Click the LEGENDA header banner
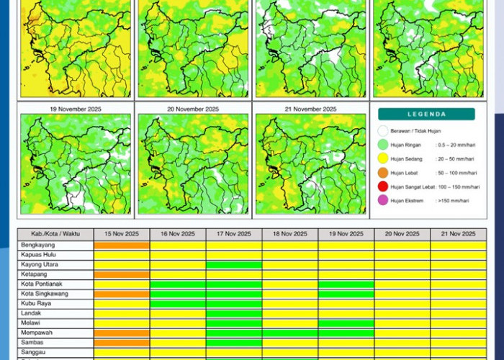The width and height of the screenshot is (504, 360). pyautogui.click(x=426, y=114)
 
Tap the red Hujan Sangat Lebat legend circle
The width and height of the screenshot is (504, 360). pyautogui.click(x=383, y=186)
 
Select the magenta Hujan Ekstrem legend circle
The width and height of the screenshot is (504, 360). pyautogui.click(x=383, y=200)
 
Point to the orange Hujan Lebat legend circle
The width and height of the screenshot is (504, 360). pyautogui.click(x=383, y=173)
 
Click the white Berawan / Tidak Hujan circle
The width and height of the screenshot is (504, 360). pyautogui.click(x=383, y=132)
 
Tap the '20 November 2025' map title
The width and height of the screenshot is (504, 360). pyautogui.click(x=193, y=109)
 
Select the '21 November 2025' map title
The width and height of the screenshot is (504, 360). pyautogui.click(x=310, y=109)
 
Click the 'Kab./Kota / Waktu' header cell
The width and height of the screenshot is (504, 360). pyautogui.click(x=55, y=234)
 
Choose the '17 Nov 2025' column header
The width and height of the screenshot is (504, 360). pyautogui.click(x=234, y=234)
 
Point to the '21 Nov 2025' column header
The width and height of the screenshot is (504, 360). pyautogui.click(x=458, y=234)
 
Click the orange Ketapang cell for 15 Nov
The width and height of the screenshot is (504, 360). pyautogui.click(x=122, y=274)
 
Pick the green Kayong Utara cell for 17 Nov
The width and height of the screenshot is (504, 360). pyautogui.click(x=234, y=265)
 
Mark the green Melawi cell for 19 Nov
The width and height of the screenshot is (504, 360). pyautogui.click(x=346, y=323)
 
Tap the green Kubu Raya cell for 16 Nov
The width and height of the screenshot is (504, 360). pyautogui.click(x=178, y=304)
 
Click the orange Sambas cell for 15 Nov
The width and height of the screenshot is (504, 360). pyautogui.click(x=122, y=343)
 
